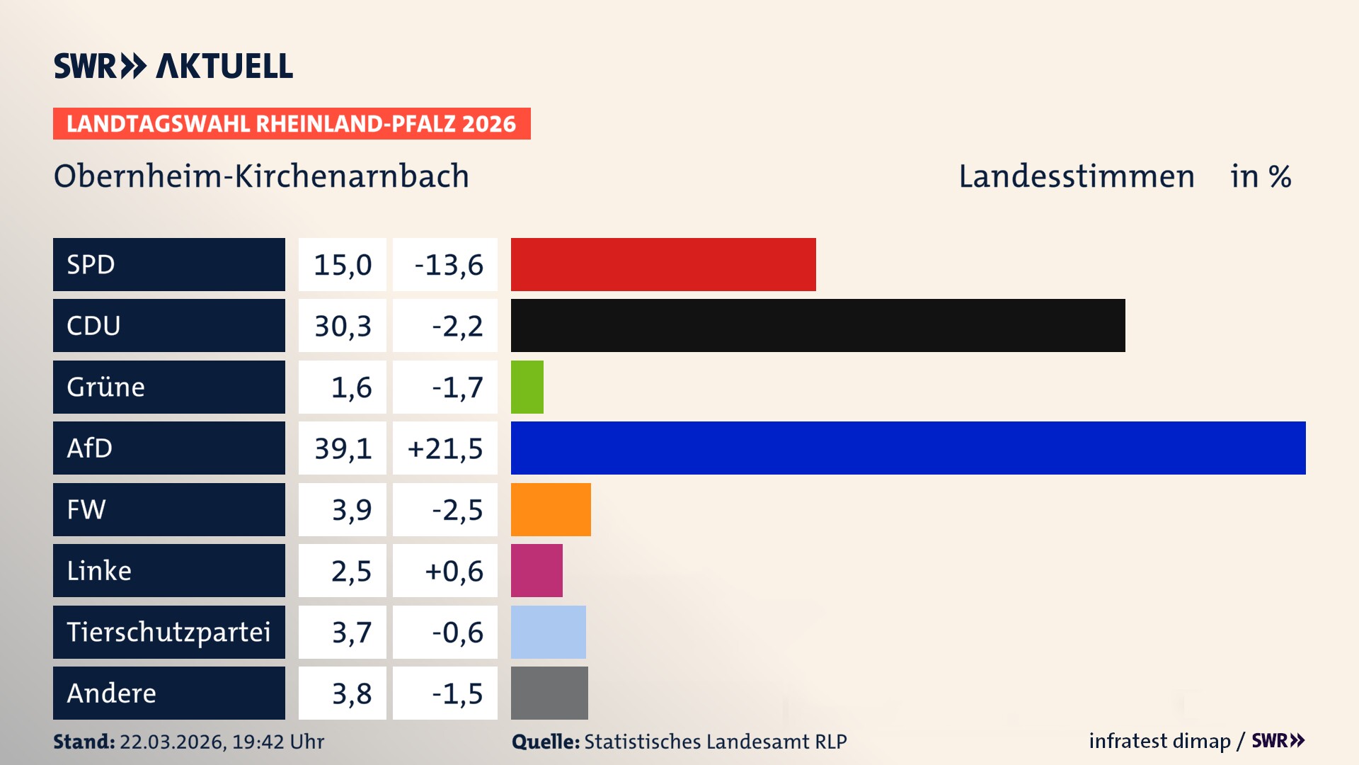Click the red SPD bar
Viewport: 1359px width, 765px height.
click(x=663, y=264)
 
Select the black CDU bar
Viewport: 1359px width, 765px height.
click(x=818, y=325)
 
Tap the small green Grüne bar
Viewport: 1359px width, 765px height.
click(x=527, y=387)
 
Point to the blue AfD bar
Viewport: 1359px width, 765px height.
click(x=908, y=448)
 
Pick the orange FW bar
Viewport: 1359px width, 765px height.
click(x=551, y=509)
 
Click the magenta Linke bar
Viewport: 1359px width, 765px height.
click(x=537, y=570)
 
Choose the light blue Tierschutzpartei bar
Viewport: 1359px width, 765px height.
click(x=549, y=632)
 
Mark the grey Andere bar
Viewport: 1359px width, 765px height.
click(x=549, y=693)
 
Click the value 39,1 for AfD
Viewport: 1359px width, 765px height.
click(x=343, y=448)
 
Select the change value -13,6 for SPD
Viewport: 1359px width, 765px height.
click(x=448, y=265)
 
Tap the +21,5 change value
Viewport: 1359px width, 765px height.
click(x=445, y=448)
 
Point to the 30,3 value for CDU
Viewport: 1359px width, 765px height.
click(x=343, y=326)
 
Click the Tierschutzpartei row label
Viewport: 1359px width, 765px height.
click(x=168, y=632)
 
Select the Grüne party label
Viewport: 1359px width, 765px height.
click(x=106, y=387)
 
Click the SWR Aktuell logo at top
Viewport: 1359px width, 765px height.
click(x=173, y=66)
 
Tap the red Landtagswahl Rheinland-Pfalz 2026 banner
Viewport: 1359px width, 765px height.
click(x=292, y=124)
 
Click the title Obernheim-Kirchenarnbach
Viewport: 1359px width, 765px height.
click(x=261, y=176)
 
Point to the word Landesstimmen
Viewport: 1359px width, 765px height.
click(x=1076, y=176)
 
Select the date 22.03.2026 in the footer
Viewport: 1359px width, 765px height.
click(x=171, y=742)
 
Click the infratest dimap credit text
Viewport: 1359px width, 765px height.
click(x=1159, y=741)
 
